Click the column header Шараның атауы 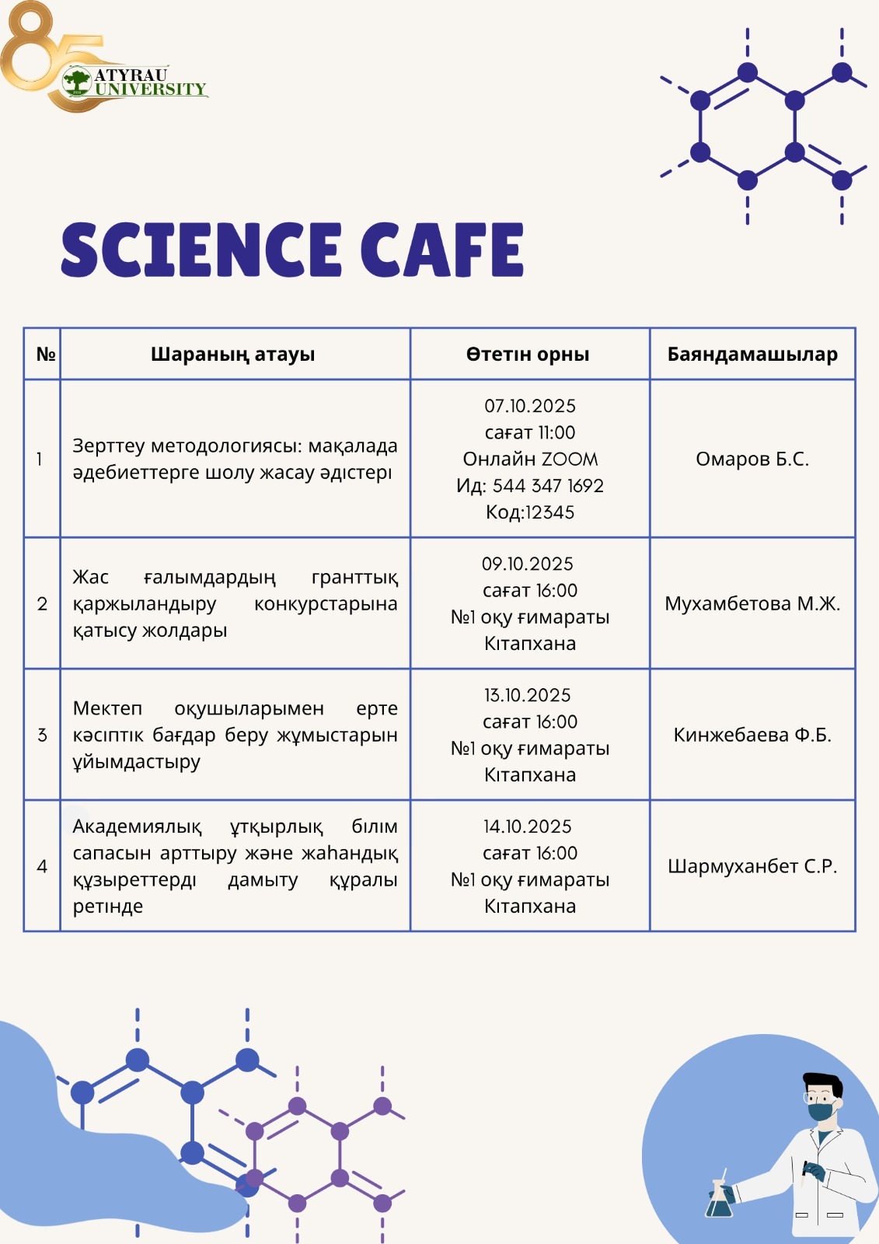233,355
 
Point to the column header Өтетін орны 528,355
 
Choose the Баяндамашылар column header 752,355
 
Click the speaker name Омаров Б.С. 752,460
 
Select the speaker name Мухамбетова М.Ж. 752,604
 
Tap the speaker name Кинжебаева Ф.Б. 752,736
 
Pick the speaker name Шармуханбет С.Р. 752,867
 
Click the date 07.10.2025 530,407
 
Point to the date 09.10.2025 528,564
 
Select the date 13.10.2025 528,696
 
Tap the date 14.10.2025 528,827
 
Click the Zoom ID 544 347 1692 548,487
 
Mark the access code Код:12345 530,513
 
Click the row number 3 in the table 42,736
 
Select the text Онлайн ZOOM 530,460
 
